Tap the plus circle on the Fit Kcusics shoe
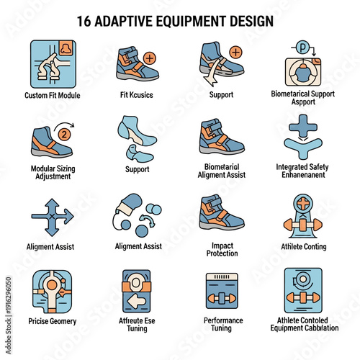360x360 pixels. tap(149, 58)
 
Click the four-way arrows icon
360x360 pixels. tap(53, 215)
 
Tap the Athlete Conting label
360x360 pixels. tap(303, 247)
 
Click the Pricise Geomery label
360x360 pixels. tap(53, 320)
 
